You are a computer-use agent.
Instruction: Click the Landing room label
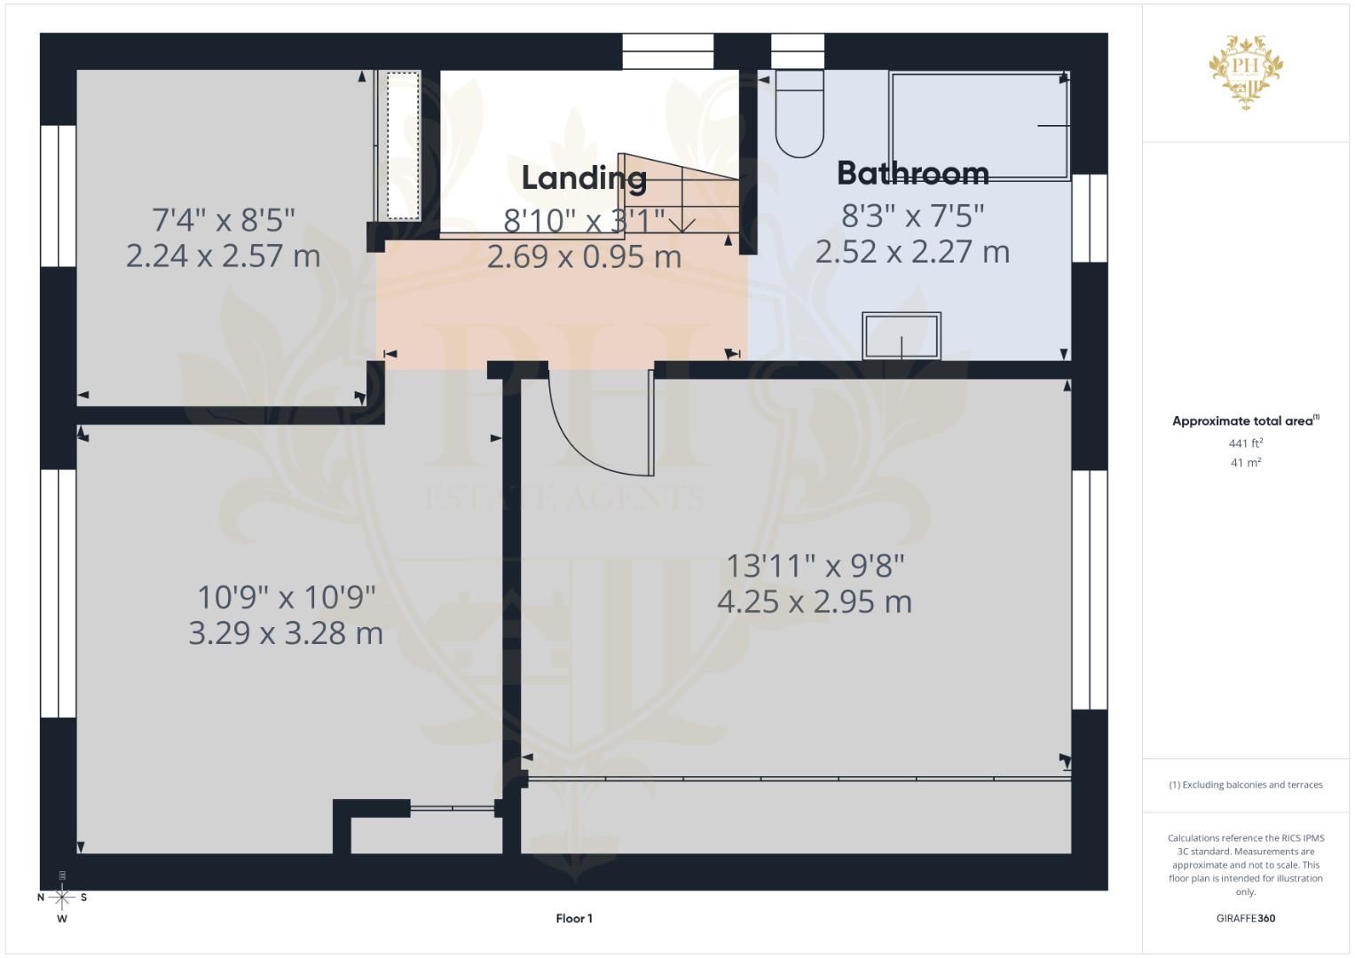pos(584,178)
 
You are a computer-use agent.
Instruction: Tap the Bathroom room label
pos(913,174)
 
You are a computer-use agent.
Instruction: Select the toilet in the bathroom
pos(800,114)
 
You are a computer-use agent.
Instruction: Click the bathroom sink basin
pos(902,335)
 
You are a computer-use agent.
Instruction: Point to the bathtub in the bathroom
pos(980,126)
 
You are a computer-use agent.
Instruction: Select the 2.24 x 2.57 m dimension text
pos(224,255)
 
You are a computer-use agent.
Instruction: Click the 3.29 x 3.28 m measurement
pos(286,633)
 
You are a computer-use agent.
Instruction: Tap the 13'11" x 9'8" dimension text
pos(815,567)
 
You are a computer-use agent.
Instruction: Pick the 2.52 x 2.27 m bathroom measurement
pos(913,252)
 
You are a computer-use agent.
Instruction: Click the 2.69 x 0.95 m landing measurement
pos(585,256)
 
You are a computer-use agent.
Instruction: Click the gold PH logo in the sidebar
pos(1246,72)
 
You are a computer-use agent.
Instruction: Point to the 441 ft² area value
pos(1246,444)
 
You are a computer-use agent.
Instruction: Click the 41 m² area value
pos(1246,463)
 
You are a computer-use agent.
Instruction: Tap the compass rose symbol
pos(62,898)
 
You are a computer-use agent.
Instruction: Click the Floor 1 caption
pos(574,918)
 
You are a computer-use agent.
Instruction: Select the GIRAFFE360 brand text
pos(1246,918)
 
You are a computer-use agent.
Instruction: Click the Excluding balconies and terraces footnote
pos(1246,785)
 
